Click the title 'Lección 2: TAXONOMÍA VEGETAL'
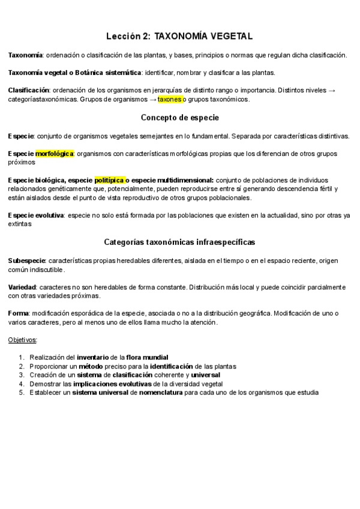pos(179,37)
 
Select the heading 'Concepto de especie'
pos(179,117)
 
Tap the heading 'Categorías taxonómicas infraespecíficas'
pos(179,242)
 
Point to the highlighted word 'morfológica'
pos(54,154)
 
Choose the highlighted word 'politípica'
pos(109,180)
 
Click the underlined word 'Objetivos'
pos(22,340)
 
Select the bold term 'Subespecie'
pos(27,261)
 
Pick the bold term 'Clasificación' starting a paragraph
pos(29,91)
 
